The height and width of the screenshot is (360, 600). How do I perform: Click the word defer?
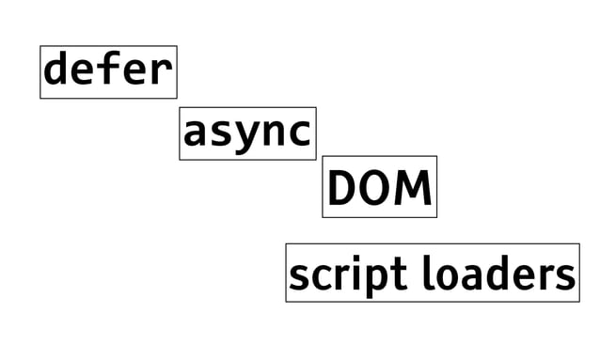pyautogui.click(x=108, y=70)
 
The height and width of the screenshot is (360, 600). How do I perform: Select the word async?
pyautogui.click(x=247, y=133)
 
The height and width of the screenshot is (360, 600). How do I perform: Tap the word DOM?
pyautogui.click(x=379, y=187)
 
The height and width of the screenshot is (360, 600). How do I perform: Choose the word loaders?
pyautogui.click(x=498, y=274)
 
